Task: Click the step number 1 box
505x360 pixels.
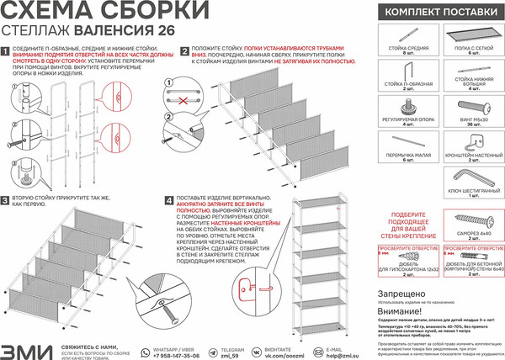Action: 7,51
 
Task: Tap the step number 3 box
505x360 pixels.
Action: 7,200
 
